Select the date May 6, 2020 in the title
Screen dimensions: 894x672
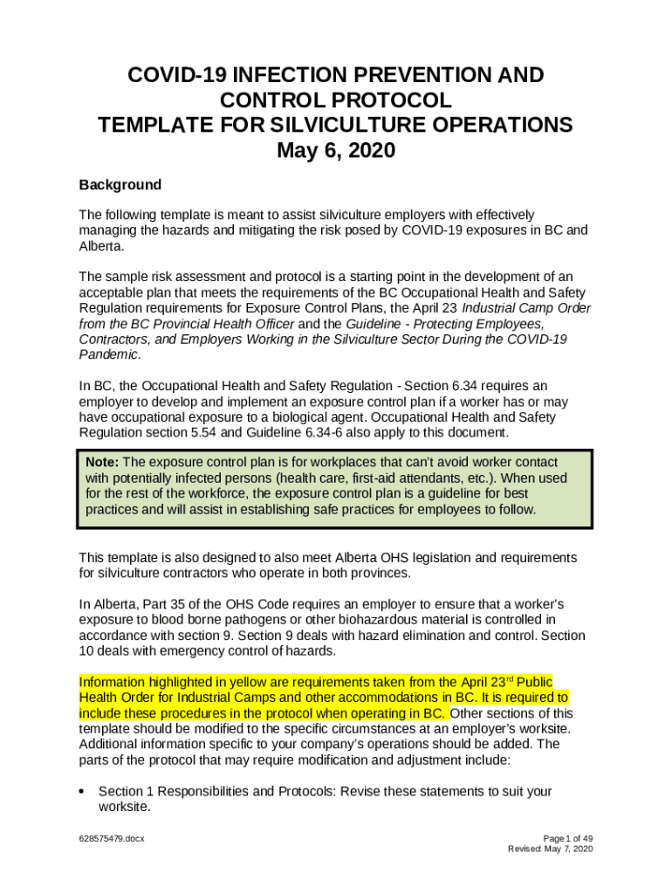(x=336, y=151)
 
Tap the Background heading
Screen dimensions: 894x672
(x=120, y=185)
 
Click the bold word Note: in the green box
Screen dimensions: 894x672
(x=103, y=462)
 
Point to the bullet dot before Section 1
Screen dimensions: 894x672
(x=82, y=792)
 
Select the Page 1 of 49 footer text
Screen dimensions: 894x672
(x=568, y=839)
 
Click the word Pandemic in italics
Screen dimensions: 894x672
(x=108, y=354)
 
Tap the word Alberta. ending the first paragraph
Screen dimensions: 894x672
(x=100, y=247)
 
